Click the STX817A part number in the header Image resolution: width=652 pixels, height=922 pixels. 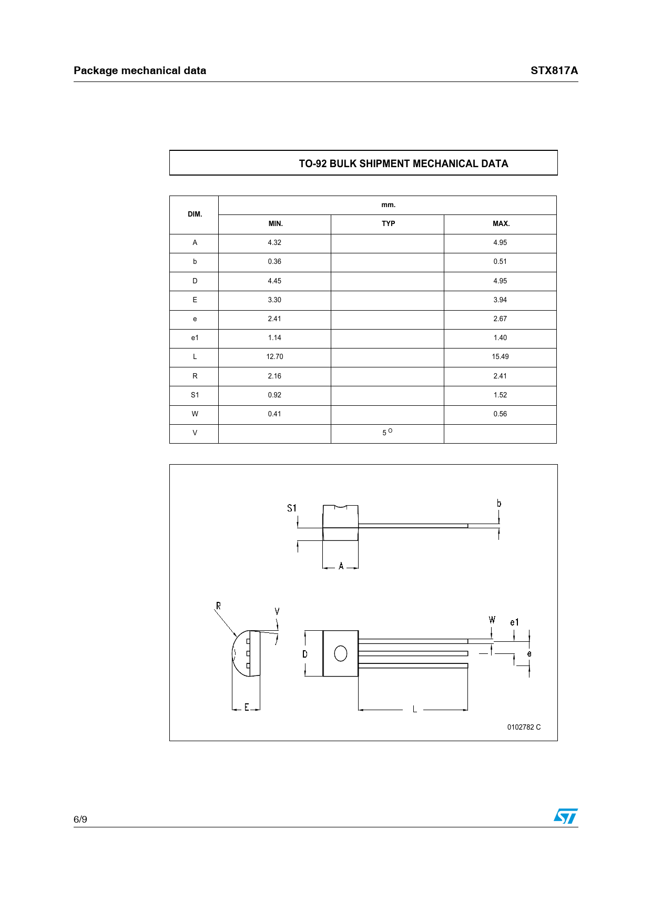point(554,70)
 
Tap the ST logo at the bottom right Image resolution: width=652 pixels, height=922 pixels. point(565,816)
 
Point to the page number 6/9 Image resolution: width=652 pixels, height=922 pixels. point(80,819)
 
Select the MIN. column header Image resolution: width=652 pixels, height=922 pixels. point(276,223)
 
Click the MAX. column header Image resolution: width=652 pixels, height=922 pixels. point(501,223)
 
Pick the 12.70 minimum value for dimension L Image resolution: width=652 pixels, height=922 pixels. point(274,356)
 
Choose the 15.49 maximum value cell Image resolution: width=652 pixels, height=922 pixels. point(500,356)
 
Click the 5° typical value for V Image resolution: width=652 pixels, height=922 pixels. point(387,432)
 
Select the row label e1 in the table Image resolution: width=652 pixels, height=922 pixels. point(195,337)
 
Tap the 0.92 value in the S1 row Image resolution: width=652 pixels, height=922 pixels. point(274,395)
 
